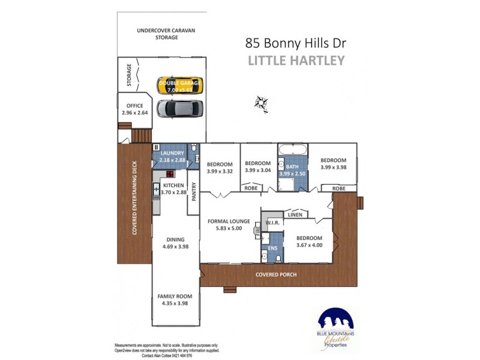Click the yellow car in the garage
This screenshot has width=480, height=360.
coord(180,85)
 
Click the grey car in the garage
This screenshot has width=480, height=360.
coord(180,109)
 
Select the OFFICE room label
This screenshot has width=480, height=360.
coord(135,106)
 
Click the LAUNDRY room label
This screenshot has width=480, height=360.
coord(172,154)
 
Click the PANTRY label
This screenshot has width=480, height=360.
coord(194,191)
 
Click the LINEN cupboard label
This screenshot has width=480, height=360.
coord(295,214)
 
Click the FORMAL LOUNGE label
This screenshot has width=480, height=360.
coord(229,221)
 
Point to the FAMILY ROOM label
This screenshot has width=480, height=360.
coord(175,296)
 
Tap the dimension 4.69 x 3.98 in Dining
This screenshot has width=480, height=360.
coord(175,246)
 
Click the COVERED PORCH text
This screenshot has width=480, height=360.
coord(276,275)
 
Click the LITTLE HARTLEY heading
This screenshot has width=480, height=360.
coord(296,61)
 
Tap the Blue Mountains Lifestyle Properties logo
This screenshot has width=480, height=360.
coord(335,329)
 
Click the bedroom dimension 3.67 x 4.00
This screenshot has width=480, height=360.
coord(310,245)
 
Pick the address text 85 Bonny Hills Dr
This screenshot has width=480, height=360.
coord(296,43)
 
